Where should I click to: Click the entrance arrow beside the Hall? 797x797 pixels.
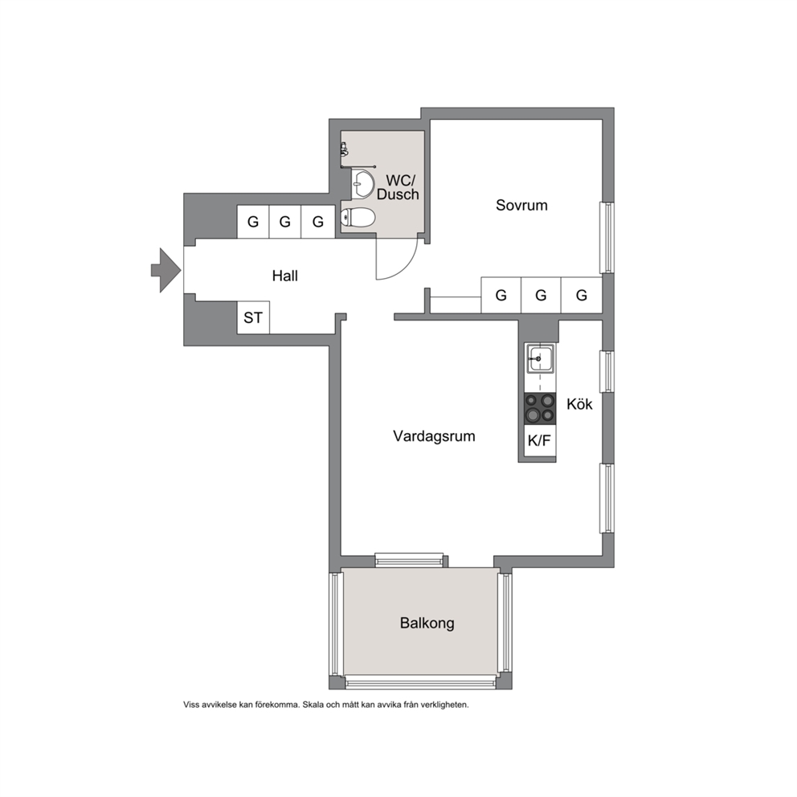(166, 271)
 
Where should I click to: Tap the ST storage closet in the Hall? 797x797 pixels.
(254, 317)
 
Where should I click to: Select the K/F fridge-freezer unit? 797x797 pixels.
(540, 440)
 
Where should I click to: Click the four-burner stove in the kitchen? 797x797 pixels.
(540, 409)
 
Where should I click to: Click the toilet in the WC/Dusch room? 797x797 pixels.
(358, 218)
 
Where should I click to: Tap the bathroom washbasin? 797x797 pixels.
(363, 184)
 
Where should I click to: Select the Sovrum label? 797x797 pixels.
(522, 206)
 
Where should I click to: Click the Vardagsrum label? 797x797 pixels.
(434, 436)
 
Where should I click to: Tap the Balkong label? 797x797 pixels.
(427, 623)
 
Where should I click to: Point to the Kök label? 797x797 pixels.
(579, 404)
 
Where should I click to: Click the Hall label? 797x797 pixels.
(285, 276)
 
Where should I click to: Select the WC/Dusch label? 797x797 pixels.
(398, 187)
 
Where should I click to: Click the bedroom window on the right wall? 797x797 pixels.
(607, 238)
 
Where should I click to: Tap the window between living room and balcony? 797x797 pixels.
(409, 560)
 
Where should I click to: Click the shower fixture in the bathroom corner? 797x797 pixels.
(345, 149)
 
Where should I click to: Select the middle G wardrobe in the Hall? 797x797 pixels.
(285, 222)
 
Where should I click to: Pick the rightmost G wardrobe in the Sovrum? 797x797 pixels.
(582, 295)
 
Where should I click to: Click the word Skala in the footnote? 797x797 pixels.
(313, 705)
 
